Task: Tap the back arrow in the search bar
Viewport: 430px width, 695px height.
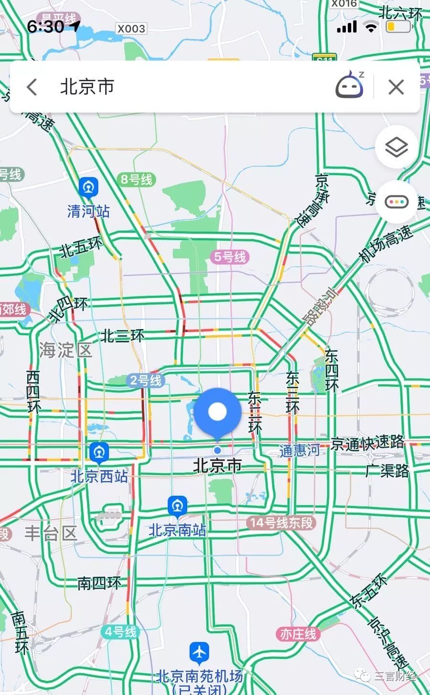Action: [x=32, y=87]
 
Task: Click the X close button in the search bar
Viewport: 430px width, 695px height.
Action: [x=396, y=87]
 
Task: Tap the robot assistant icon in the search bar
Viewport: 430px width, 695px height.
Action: [x=350, y=86]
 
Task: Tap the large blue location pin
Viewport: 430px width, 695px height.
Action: [x=217, y=412]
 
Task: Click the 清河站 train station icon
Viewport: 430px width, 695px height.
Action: [x=89, y=187]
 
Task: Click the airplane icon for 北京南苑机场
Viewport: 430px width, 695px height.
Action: [x=199, y=652]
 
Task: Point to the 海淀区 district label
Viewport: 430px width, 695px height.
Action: [x=65, y=350]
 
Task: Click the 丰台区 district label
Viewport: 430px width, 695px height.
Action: [x=51, y=533]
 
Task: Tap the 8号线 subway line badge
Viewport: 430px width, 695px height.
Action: [x=137, y=180]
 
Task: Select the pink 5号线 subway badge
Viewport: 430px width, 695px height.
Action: [x=230, y=257]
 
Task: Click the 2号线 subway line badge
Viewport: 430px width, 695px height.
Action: [x=146, y=380]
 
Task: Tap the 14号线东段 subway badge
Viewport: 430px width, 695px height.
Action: [x=281, y=523]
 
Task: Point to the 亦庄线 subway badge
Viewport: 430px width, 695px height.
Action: [x=298, y=634]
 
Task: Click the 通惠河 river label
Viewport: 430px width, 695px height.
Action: [x=300, y=450]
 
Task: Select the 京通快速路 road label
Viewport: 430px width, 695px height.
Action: [x=368, y=443]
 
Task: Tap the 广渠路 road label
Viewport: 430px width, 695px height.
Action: [x=387, y=471]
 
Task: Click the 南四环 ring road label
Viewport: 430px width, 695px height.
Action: [x=99, y=583]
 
